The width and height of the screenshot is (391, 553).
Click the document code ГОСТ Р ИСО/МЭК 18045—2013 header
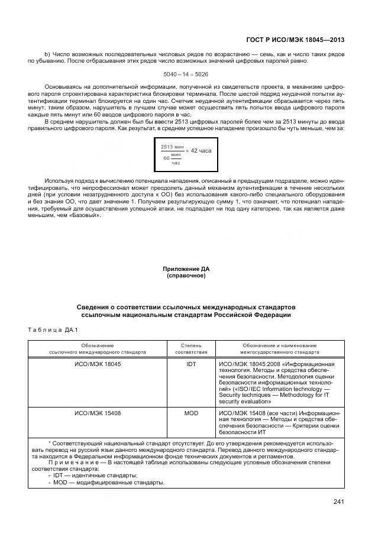pos(295,40)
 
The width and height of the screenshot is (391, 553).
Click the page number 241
pos(338,502)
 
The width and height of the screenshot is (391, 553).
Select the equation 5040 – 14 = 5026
pos(186,74)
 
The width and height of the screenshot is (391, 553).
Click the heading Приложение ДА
pos(186,269)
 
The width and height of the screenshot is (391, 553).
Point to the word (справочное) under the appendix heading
pos(186,276)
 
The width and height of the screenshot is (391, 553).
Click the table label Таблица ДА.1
pos(49,329)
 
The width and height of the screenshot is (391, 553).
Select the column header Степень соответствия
pos(191,348)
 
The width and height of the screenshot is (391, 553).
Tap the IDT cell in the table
pos(191,364)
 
